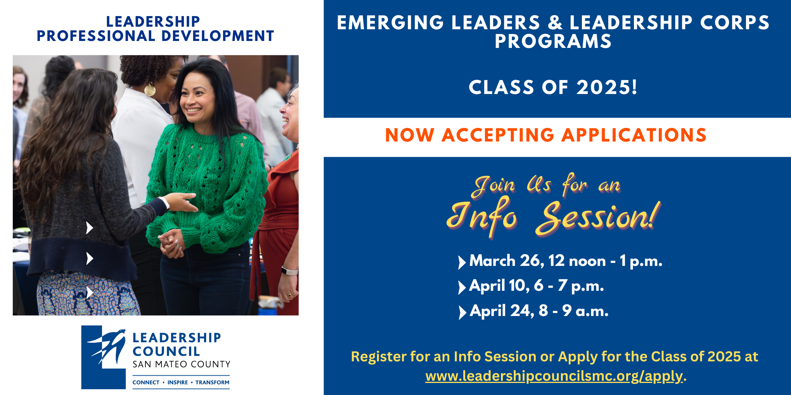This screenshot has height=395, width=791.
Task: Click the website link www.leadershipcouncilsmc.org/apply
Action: tap(554, 376)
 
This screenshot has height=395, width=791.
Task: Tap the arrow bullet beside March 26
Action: tap(462, 262)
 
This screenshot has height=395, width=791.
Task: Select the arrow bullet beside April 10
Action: tap(462, 287)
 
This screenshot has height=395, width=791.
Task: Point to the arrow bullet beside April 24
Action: tap(462, 312)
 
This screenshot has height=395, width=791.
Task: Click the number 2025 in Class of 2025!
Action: tap(607, 88)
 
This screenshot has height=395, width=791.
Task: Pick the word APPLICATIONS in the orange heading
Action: tap(634, 135)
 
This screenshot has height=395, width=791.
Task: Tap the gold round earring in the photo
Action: tap(150, 89)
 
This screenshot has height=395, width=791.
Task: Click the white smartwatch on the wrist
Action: tap(289, 271)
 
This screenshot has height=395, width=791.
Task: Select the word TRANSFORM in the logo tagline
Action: tap(212, 383)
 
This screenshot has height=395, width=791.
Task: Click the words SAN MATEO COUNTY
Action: tap(181, 364)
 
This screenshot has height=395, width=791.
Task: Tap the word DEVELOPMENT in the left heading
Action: tap(218, 36)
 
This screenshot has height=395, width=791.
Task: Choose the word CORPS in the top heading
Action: tap(735, 23)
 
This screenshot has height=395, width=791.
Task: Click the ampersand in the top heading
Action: tap(555, 23)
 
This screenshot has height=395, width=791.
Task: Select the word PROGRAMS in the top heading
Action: tap(553, 41)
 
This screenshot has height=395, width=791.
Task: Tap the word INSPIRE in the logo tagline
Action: tap(178, 383)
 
